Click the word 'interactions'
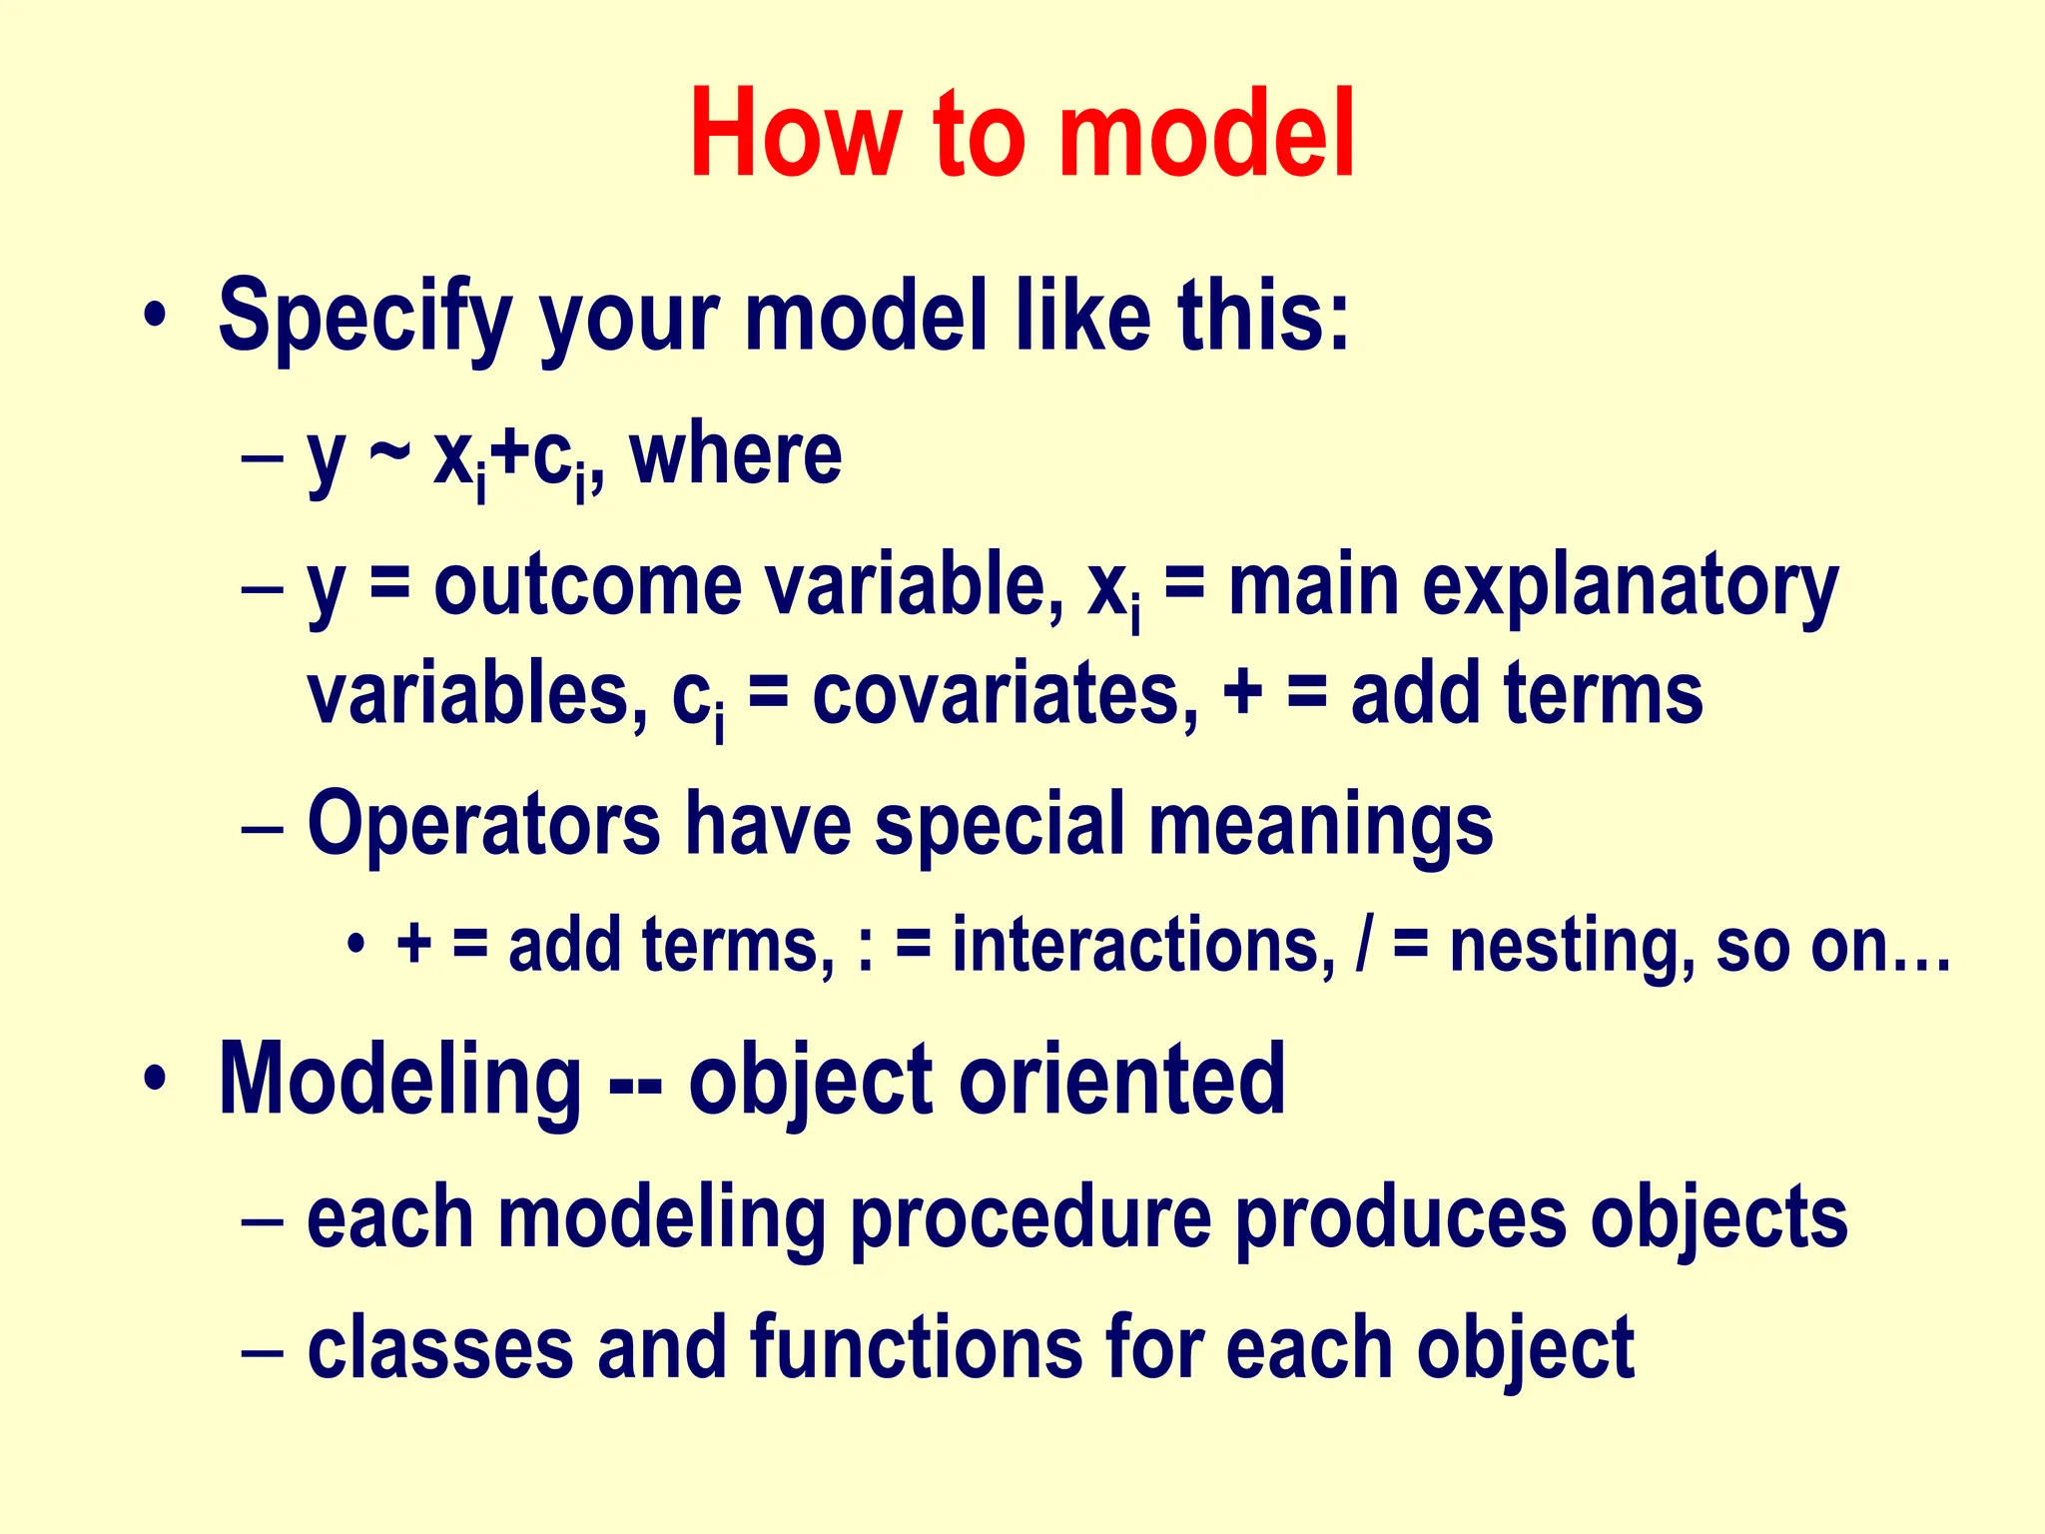point(1144,945)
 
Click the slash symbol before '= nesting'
point(1364,945)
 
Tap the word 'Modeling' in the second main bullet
point(399,1081)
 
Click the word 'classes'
point(440,1348)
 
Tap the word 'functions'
point(916,1348)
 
